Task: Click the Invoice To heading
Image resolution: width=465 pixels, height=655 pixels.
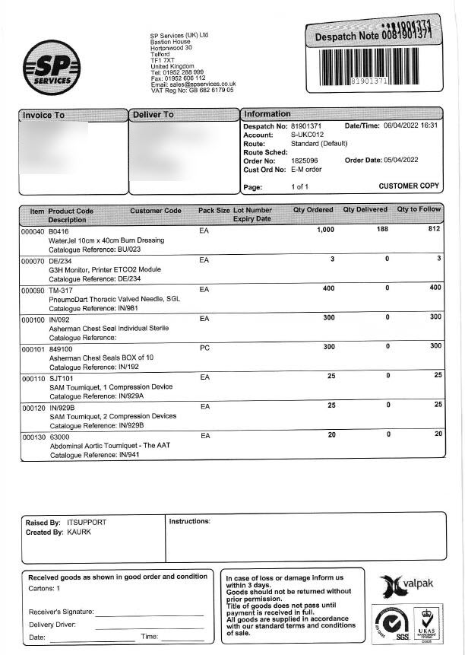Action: [x=44, y=115]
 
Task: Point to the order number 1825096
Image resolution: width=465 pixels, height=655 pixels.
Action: [x=305, y=160]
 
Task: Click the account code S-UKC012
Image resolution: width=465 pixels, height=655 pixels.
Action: [x=310, y=134]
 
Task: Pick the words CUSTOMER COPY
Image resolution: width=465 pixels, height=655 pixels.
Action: [x=409, y=186]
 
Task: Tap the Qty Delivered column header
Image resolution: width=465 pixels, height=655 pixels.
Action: [x=365, y=210]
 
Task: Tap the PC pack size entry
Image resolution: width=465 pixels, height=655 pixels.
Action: [x=204, y=348]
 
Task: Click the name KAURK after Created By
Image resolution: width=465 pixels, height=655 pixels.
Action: [x=79, y=533]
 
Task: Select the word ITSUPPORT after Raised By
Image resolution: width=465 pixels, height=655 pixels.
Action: [x=87, y=523]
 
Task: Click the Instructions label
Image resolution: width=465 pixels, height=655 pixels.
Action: [x=189, y=521]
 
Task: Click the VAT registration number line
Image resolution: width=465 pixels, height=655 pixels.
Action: [x=192, y=90]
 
